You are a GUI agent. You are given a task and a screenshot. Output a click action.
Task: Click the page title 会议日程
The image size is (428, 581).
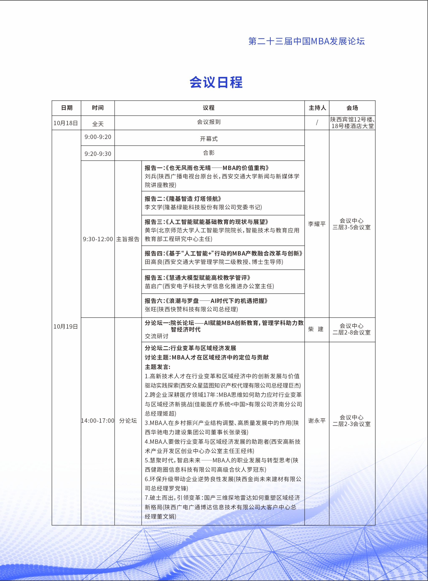coord(216,82)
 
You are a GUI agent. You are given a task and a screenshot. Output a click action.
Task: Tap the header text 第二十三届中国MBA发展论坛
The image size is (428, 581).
coord(307,41)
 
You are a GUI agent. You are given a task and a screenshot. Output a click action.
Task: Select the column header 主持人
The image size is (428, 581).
coord(317,108)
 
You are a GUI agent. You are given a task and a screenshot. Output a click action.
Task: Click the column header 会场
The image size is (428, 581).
coord(352,108)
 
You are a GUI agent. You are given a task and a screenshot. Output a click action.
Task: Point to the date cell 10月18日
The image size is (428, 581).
coord(66,123)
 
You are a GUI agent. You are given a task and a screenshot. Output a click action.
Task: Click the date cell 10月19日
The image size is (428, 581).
coord(66,327)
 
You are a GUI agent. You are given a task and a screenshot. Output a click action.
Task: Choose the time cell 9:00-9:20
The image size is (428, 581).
coord(98,137)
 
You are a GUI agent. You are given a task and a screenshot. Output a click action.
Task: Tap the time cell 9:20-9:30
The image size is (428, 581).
coord(98,154)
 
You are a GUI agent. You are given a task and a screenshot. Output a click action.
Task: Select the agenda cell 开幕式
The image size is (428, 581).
coord(209,139)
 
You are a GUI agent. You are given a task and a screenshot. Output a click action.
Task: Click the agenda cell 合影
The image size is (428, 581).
coord(209,153)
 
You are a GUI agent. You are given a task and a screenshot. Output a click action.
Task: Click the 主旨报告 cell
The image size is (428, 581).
coord(128,239)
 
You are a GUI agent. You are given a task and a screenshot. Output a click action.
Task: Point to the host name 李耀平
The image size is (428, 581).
coord(317,224)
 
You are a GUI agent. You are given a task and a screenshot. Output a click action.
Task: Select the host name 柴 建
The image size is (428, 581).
coord(316,329)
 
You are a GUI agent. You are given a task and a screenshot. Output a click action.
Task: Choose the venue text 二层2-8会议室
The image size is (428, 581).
coord(352,332)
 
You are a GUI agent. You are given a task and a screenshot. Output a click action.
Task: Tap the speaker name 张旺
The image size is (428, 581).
coord(151,309)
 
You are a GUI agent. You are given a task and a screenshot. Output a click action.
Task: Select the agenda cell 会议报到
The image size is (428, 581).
coord(209,122)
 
